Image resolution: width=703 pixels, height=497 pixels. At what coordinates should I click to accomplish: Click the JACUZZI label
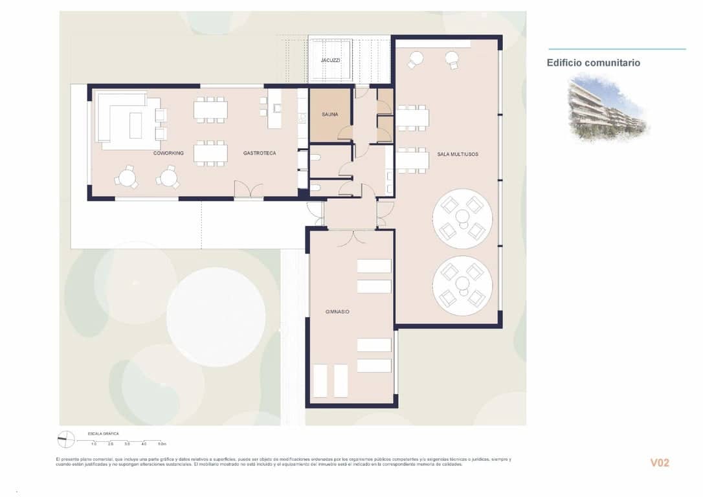(x=331, y=60)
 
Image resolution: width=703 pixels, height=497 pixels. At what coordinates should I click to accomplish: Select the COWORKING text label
(x=168, y=153)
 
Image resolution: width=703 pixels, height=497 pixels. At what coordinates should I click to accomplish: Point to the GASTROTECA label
(x=260, y=153)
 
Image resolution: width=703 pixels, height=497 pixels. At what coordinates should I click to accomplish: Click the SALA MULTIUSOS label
(x=458, y=154)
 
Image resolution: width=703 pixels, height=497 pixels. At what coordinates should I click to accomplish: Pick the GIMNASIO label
(x=337, y=312)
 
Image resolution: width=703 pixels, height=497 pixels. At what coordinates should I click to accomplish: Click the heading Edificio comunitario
(x=593, y=63)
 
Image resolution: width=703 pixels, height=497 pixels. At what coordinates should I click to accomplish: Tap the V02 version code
(x=659, y=463)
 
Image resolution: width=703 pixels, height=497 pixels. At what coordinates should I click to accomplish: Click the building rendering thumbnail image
(x=607, y=107)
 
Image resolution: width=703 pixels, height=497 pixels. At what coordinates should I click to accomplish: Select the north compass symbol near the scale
(x=64, y=439)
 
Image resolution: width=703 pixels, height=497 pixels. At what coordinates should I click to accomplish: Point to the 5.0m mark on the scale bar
(x=161, y=445)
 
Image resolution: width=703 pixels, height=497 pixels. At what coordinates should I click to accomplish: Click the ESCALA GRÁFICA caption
(x=103, y=433)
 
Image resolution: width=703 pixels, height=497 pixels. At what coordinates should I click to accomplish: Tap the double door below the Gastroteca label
(x=249, y=190)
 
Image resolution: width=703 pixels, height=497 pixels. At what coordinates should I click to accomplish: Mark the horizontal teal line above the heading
(x=616, y=49)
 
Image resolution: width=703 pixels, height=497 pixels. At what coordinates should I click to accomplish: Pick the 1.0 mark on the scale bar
(x=94, y=445)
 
